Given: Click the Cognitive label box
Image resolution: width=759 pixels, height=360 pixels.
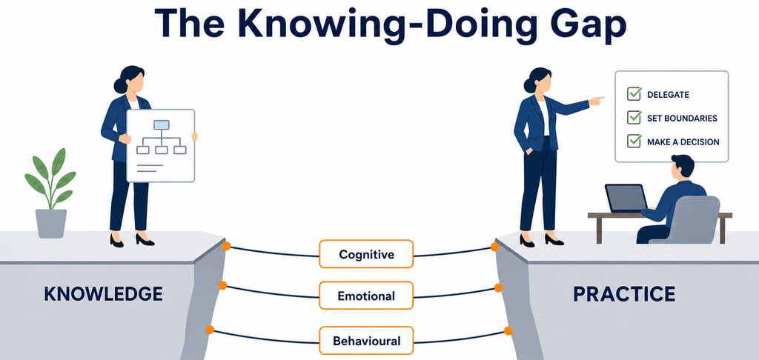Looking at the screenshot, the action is pyautogui.click(x=366, y=254).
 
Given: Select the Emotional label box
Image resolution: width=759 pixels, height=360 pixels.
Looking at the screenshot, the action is pyautogui.click(x=366, y=295).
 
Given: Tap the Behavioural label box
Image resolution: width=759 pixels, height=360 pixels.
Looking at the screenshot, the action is pyautogui.click(x=366, y=341).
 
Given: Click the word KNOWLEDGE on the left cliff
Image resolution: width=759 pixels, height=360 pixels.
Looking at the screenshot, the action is pyautogui.click(x=103, y=294).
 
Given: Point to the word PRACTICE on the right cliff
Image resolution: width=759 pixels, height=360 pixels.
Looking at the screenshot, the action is pyautogui.click(x=624, y=294).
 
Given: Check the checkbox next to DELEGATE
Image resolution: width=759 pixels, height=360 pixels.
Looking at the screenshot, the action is pyautogui.click(x=634, y=94).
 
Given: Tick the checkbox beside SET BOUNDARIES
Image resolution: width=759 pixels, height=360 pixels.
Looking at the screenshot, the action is pyautogui.click(x=634, y=117).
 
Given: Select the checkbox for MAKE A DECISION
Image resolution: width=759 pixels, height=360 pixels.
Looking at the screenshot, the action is pyautogui.click(x=634, y=141).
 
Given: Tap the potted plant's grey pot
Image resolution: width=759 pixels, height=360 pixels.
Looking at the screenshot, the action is pyautogui.click(x=51, y=224).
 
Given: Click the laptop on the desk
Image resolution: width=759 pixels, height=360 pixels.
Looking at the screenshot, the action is pyautogui.click(x=627, y=199).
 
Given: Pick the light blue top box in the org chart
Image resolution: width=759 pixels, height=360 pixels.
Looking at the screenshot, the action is pyautogui.click(x=161, y=125).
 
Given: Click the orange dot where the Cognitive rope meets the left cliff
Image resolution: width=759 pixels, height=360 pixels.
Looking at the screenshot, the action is pyautogui.click(x=226, y=246).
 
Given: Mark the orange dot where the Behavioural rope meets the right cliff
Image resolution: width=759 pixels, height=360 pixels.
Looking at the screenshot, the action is pyautogui.click(x=508, y=331).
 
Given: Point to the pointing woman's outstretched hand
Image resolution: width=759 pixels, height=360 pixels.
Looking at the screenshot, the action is pyautogui.click(x=597, y=101).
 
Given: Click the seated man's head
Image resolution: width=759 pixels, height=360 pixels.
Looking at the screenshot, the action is pyautogui.click(x=683, y=167).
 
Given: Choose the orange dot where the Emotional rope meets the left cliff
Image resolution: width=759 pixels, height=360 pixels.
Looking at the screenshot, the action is pyautogui.click(x=222, y=285).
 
